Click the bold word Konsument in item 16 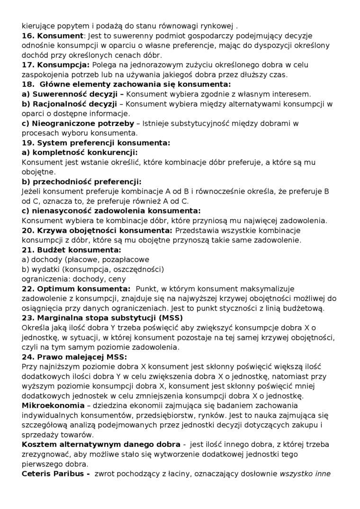[60, 36]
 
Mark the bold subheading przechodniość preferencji [82, 182]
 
